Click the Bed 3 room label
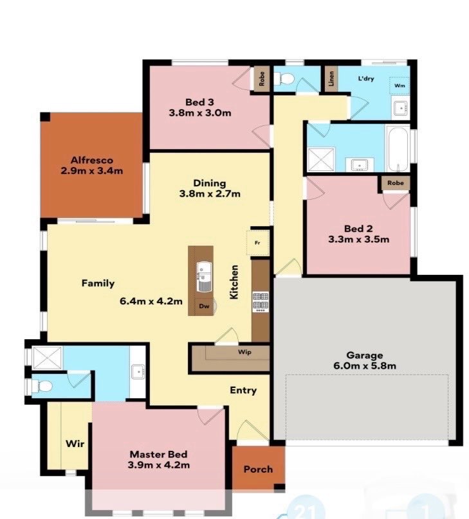[199, 102]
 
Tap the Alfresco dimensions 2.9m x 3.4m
[92, 171]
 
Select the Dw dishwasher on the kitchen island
[204, 306]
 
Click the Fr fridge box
[257, 243]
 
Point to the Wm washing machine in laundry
[400, 85]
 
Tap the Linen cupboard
[331, 79]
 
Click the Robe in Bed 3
[262, 78]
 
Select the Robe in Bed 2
[396, 182]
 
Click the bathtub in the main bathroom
[398, 149]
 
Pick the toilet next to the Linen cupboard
[285, 79]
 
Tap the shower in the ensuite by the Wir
[48, 358]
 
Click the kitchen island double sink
[204, 276]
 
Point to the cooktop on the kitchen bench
[261, 301]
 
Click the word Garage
[365, 355]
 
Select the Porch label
[258, 470]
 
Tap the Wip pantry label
[244, 352]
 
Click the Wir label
[75, 444]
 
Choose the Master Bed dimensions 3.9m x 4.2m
[159, 465]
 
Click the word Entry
[243, 391]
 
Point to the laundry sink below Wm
[401, 108]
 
